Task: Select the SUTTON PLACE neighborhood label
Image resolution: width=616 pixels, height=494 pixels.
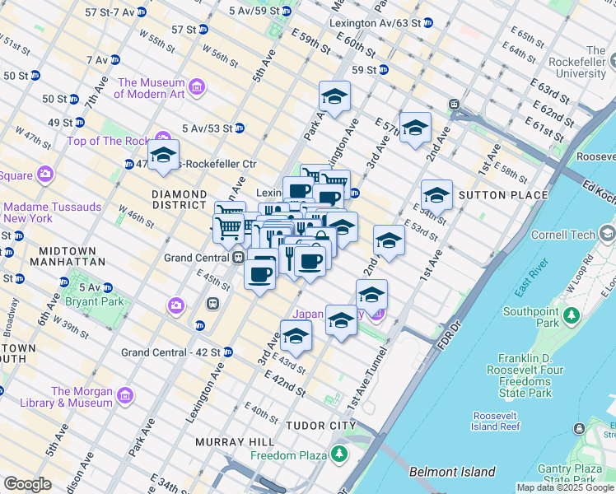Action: pos(502,195)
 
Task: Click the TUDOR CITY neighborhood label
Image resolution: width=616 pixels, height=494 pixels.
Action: pos(320,426)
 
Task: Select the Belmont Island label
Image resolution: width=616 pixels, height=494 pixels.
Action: pos(452,472)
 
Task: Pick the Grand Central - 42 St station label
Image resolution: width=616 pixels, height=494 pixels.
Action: pos(170,352)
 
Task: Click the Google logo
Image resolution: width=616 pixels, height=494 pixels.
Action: pos(27,484)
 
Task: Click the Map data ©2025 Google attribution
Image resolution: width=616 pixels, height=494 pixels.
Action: pos(565,487)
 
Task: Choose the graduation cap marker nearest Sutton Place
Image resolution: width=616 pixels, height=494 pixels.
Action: pos(436,195)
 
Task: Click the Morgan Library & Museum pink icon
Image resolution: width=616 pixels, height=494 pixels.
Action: pos(124,396)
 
